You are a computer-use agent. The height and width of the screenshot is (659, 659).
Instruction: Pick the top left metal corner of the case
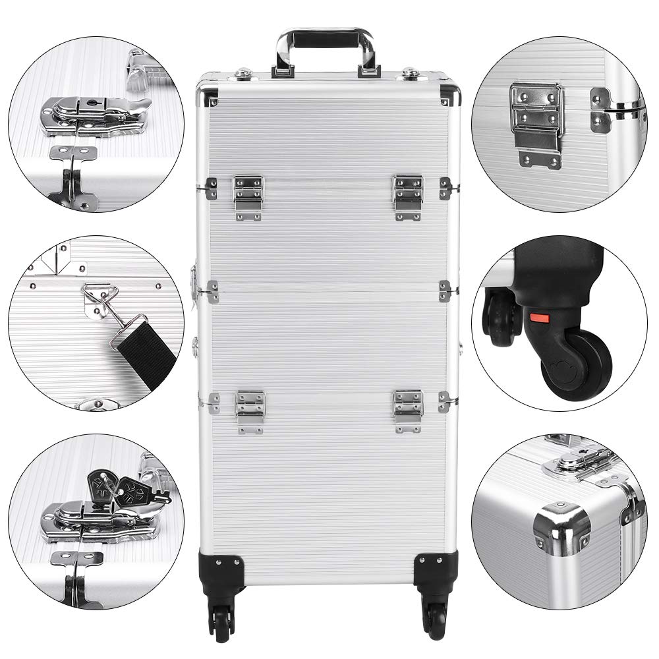coord(209,93)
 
